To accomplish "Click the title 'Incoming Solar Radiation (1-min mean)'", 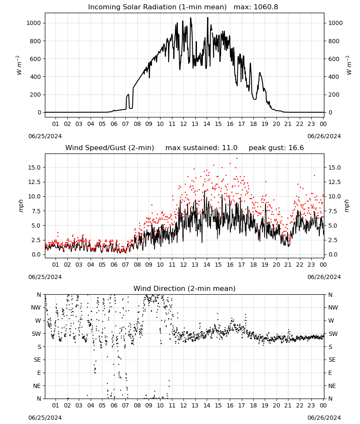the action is [157, 7].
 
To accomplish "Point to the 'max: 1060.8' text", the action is [256, 7].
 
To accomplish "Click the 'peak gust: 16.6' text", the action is [276, 148].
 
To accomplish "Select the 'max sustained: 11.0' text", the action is [202, 148].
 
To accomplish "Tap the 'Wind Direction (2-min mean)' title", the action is [185, 288].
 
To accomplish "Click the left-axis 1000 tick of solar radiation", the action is [33, 23].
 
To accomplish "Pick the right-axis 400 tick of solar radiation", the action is [334, 77].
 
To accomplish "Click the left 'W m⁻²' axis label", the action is [19, 65].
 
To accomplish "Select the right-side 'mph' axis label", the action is [347, 206].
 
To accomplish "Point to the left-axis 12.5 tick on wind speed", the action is [35, 182].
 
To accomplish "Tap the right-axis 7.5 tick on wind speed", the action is [332, 211].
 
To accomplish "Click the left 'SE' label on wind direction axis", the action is [37, 360].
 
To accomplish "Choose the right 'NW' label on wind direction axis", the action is [333, 307].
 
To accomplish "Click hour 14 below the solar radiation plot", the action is [207, 124].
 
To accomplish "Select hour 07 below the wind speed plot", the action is [125, 265].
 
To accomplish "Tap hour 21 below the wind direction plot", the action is [288, 405].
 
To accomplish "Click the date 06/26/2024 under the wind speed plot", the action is [324, 277].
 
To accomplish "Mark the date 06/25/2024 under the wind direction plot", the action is [45, 418].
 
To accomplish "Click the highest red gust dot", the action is [237, 158].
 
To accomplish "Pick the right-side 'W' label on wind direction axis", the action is [331, 321].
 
